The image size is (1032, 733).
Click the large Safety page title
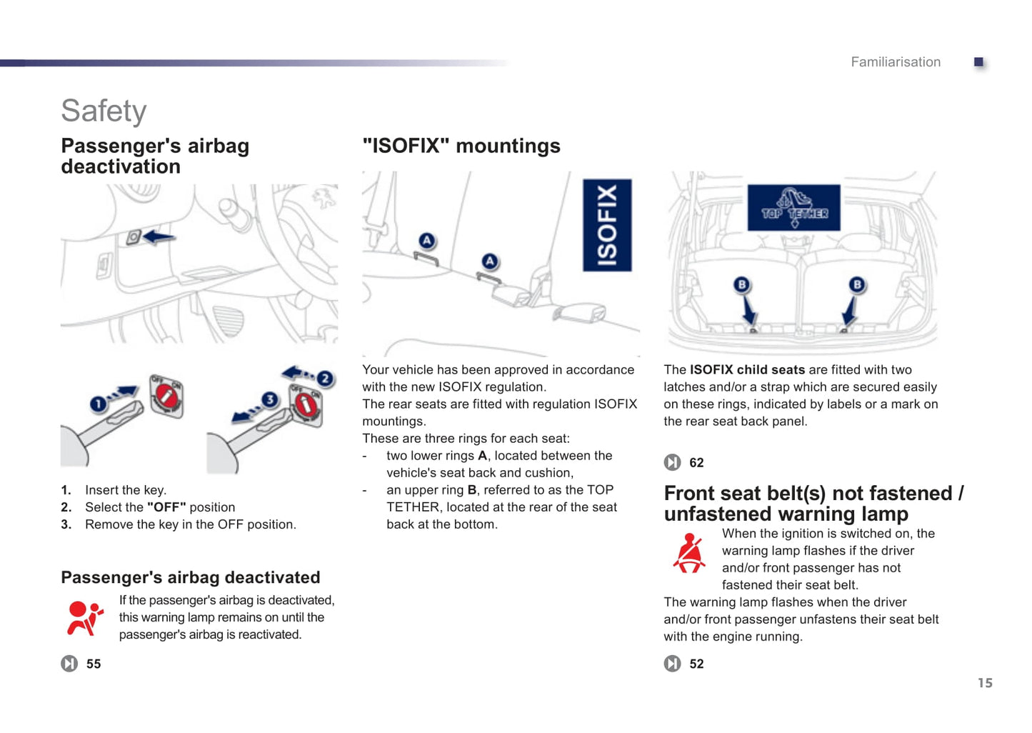[x=104, y=111]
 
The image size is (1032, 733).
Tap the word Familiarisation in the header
[x=895, y=62]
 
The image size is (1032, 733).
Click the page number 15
[x=985, y=683]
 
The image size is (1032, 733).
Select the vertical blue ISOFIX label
[x=607, y=225]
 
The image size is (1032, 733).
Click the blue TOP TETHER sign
[x=793, y=208]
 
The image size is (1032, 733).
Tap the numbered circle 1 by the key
[x=98, y=404]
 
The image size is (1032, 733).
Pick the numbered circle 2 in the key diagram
[x=325, y=379]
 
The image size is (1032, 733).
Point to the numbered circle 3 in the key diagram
[x=269, y=399]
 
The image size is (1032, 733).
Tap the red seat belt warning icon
[x=689, y=553]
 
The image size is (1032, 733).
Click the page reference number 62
[x=696, y=463]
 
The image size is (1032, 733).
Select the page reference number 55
[x=94, y=664]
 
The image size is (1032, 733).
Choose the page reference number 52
[x=696, y=664]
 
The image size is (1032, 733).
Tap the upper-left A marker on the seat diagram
[x=426, y=241]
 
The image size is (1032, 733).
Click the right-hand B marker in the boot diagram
[x=857, y=285]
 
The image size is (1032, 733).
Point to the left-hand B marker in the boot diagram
[x=741, y=285]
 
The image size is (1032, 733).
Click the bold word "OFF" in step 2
[x=166, y=507]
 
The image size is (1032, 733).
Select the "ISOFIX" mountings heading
[x=461, y=146]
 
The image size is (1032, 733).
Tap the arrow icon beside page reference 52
[x=672, y=664]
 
